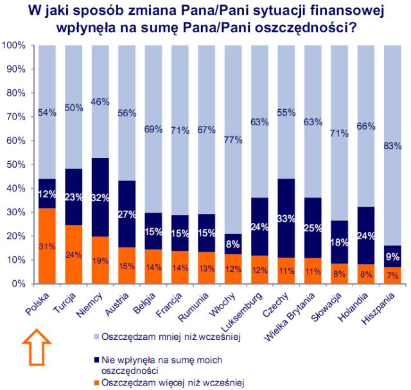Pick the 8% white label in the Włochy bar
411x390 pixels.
(232, 244)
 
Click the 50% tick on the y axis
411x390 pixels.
(14, 164)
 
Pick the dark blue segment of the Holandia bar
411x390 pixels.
(365, 235)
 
